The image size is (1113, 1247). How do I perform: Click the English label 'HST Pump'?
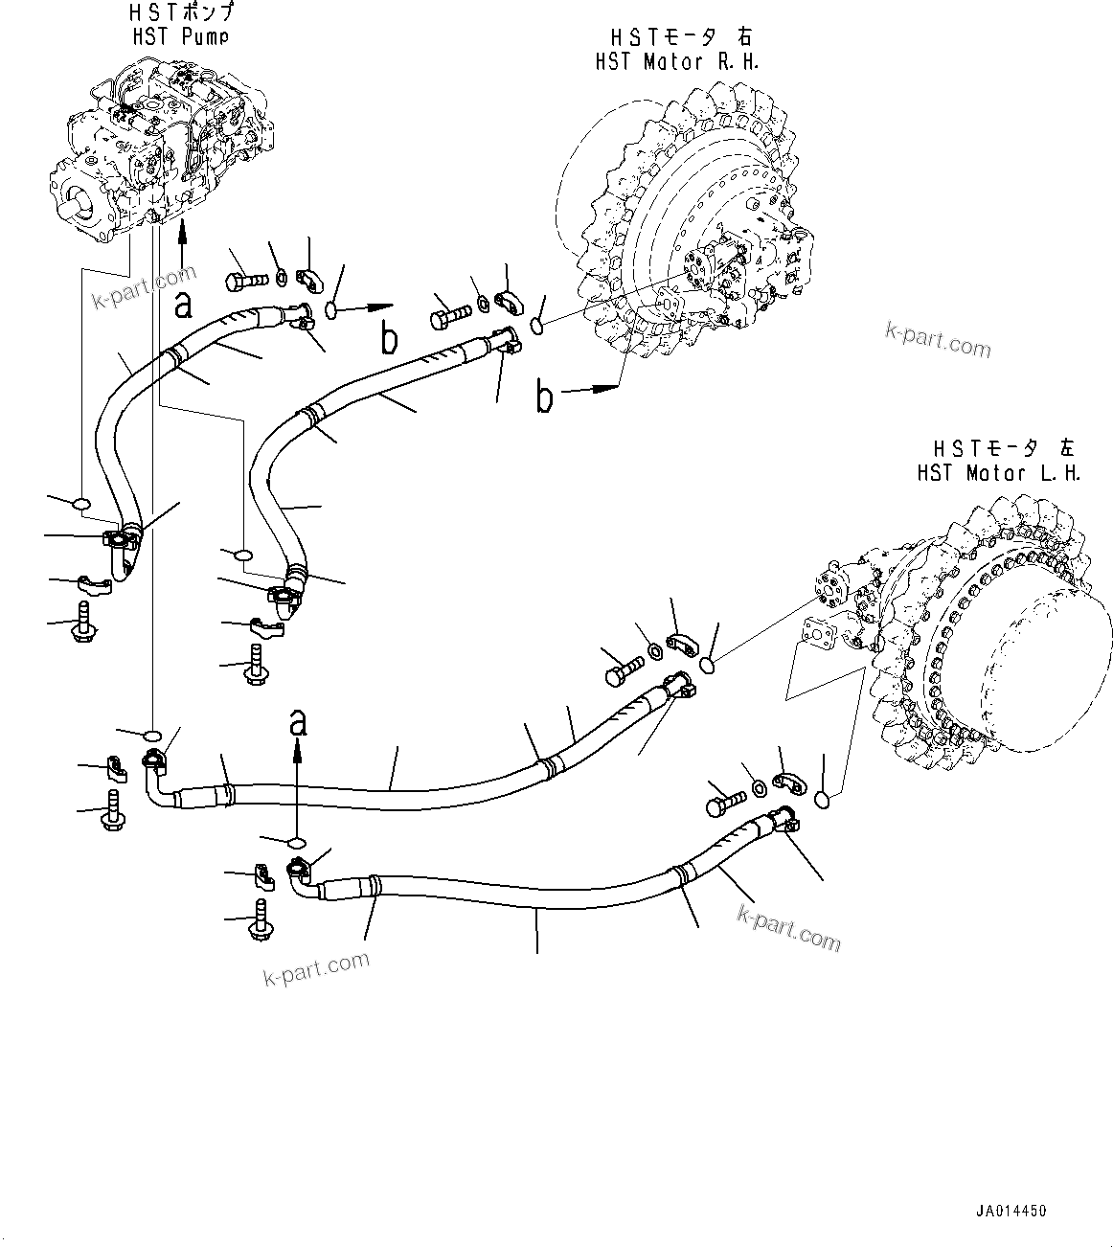[181, 36]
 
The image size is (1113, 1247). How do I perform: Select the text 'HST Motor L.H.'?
[998, 473]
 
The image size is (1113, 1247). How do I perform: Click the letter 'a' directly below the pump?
[182, 305]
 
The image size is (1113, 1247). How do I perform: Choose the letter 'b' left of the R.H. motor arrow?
[544, 397]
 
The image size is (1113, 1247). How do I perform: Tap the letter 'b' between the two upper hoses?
[389, 338]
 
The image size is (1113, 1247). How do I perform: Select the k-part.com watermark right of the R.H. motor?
[937, 339]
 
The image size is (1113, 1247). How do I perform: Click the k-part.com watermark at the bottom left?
[315, 968]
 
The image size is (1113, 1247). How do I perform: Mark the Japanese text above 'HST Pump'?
[182, 13]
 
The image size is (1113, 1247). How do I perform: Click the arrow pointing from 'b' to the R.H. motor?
[593, 389]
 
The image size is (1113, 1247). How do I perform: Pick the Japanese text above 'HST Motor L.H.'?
[1005, 448]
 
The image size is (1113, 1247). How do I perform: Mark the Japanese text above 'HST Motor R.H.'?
[681, 36]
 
